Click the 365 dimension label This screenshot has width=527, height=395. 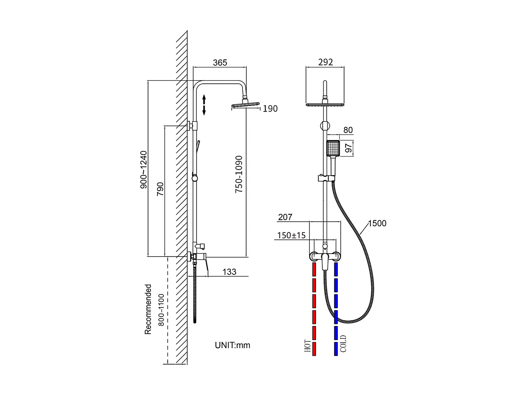pyautogui.click(x=220, y=63)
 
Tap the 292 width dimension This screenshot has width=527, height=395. pyautogui.click(x=325, y=62)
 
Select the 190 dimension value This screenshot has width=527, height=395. pyautogui.click(x=270, y=109)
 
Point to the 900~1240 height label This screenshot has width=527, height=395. pyautogui.click(x=144, y=170)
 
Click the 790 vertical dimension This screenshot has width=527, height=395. pyautogui.click(x=160, y=189)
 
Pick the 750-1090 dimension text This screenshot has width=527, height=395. pyautogui.click(x=239, y=174)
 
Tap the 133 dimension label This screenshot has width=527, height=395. pyautogui.click(x=229, y=272)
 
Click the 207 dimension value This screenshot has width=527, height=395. pyautogui.click(x=285, y=217)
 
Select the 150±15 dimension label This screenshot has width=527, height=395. pyautogui.click(x=291, y=235)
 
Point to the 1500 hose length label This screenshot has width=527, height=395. pyautogui.click(x=377, y=223)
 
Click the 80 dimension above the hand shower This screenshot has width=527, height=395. pyautogui.click(x=348, y=130)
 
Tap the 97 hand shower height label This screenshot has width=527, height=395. pyautogui.click(x=348, y=148)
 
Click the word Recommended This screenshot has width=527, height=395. pyautogui.click(x=148, y=309)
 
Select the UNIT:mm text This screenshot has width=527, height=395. pyautogui.click(x=233, y=345)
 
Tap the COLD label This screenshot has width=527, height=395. pyautogui.click(x=343, y=344)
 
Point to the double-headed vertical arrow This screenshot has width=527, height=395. pyautogui.click(x=204, y=105)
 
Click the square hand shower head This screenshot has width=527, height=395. pyautogui.click(x=333, y=148)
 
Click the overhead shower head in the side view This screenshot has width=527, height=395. pyautogui.click(x=246, y=106)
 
